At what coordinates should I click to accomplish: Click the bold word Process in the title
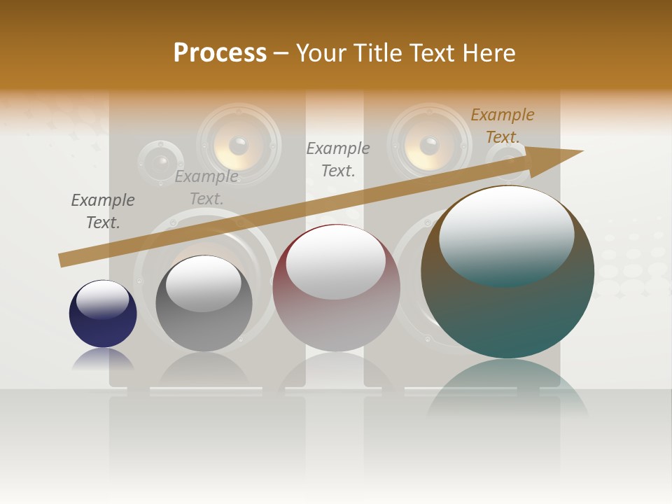point(220,53)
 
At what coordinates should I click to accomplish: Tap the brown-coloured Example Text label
point(503,126)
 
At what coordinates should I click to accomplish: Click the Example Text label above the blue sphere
point(103,211)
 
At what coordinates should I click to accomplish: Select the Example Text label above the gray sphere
point(206,188)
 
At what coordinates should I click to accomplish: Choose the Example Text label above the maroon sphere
point(338,160)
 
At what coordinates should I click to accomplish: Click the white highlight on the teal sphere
point(506,234)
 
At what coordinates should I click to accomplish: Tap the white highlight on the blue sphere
point(103,300)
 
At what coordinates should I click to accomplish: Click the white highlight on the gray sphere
point(204,283)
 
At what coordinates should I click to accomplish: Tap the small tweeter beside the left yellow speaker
point(161,163)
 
